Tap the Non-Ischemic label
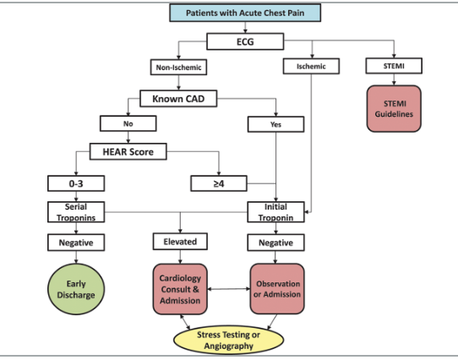[x=178, y=66]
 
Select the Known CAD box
[x=180, y=99]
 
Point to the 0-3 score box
[x=76, y=182]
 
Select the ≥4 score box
[x=219, y=182]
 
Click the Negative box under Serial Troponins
[x=76, y=243]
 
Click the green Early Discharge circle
[x=77, y=288]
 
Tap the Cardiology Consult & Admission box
[x=180, y=288]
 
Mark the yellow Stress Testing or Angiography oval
[x=226, y=340]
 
